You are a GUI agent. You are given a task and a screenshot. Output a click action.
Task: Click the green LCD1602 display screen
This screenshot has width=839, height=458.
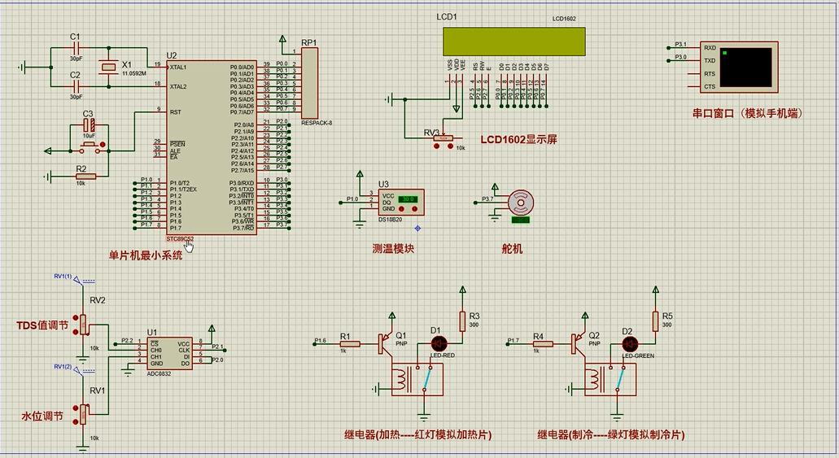pos(513,41)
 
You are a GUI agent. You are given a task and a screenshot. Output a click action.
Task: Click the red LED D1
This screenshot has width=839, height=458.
pos(435,343)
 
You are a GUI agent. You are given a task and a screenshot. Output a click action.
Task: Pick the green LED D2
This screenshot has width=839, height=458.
pos(627,344)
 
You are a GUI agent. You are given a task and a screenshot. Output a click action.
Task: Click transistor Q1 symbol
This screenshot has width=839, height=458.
pos(382,344)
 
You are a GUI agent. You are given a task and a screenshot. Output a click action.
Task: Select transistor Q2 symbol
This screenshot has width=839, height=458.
pos(575,344)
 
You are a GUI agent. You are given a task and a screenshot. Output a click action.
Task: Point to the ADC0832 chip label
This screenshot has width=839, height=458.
pos(159,373)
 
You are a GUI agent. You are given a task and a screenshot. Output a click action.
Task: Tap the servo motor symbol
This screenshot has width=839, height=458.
pos(518,203)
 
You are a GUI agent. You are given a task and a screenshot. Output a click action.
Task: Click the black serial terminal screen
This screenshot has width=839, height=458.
pos(746,67)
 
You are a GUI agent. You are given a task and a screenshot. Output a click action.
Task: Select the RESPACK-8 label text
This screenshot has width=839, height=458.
pos(317,123)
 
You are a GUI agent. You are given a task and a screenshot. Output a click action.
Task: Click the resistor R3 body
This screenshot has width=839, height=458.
pos(462,321)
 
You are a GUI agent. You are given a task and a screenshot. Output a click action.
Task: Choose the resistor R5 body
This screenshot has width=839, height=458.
pos(654,321)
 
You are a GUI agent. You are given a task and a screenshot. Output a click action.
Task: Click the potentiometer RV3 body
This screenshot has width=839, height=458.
pos(443,139)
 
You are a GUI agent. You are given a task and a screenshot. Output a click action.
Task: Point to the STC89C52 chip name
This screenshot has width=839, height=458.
pos(180,238)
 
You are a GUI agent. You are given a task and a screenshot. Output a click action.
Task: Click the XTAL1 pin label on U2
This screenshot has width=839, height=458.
pos(178,67)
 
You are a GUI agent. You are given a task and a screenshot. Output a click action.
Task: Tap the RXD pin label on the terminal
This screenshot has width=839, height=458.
pos(710,48)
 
